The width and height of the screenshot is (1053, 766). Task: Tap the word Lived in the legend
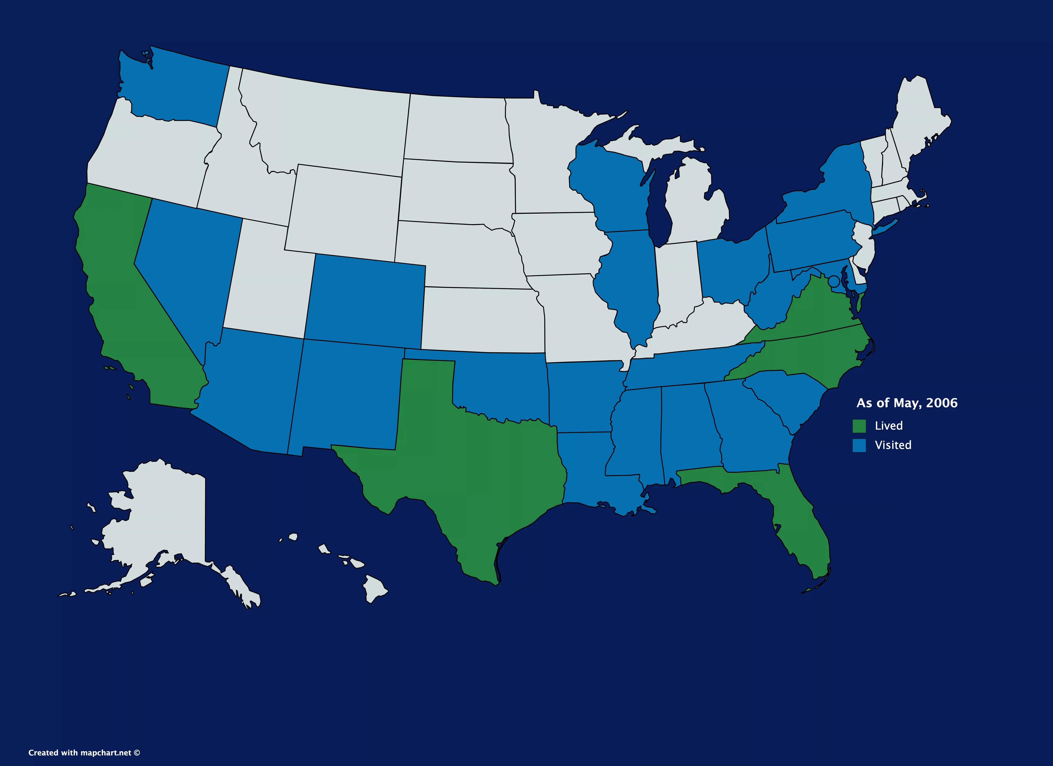point(889,426)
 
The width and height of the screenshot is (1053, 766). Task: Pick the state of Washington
point(176,88)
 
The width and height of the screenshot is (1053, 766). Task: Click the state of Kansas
point(483,320)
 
